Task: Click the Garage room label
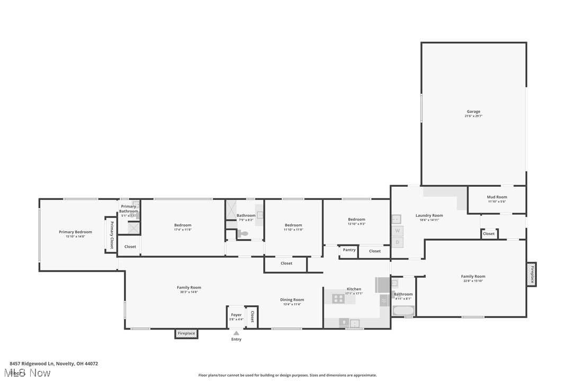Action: click(x=473, y=112)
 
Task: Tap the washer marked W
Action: click(x=397, y=231)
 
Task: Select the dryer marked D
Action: click(x=397, y=242)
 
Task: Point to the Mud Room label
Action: click(x=497, y=197)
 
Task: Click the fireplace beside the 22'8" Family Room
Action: click(x=532, y=274)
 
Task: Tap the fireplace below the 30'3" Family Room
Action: click(x=186, y=333)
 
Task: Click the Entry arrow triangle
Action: click(x=236, y=333)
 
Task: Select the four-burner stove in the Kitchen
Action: click(x=338, y=299)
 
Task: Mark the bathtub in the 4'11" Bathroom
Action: click(x=403, y=310)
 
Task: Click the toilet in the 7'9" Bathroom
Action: click(x=243, y=233)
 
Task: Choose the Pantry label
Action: click(x=349, y=250)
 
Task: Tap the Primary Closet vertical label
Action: click(x=112, y=235)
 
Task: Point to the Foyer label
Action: click(x=236, y=315)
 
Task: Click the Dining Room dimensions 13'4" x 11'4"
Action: click(x=292, y=304)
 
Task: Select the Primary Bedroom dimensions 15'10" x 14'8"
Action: click(x=75, y=236)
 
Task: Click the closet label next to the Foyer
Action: click(x=252, y=316)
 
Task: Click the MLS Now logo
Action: click(x=30, y=373)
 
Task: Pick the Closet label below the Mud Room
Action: click(x=489, y=233)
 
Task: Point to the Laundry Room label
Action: click(x=429, y=215)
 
